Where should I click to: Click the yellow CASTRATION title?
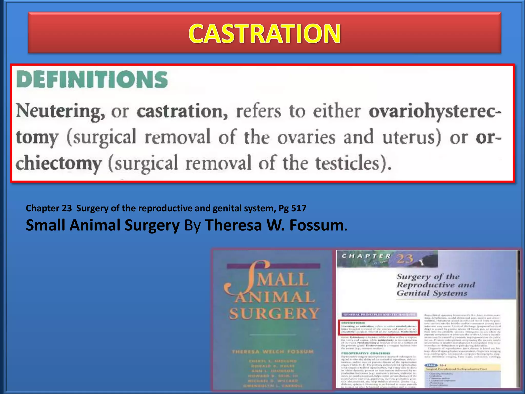coord(264,34)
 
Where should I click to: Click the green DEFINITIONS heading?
coord(92,80)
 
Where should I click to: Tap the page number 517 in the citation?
coord(299,208)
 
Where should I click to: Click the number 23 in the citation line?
coord(67,208)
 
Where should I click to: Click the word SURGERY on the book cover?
coord(274,313)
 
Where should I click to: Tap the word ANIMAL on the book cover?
coord(274,297)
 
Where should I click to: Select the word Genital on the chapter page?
coord(410,293)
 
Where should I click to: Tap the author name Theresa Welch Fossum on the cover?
coord(273,352)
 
